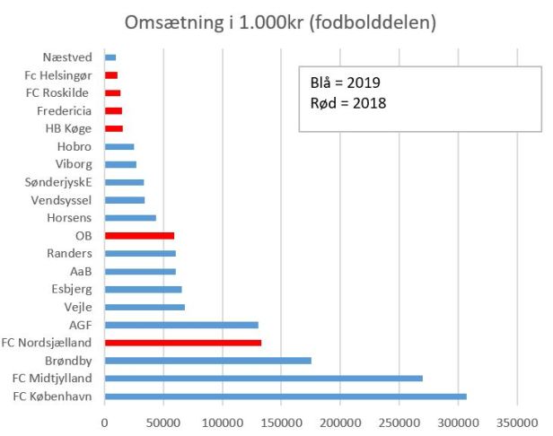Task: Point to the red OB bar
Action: [x=139, y=236]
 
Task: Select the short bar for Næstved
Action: [x=110, y=57]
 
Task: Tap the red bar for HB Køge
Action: [x=114, y=128]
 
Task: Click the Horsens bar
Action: [x=130, y=218]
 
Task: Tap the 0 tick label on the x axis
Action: [x=105, y=420]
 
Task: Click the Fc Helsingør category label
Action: [x=58, y=75]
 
